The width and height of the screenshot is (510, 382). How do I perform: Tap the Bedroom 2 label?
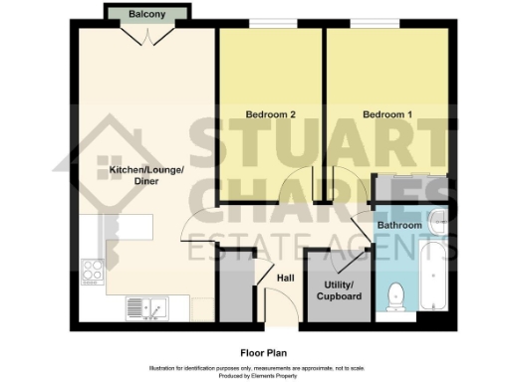271,114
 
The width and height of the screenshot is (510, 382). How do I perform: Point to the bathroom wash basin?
438,221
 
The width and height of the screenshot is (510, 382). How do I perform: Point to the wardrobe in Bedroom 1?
411,188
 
